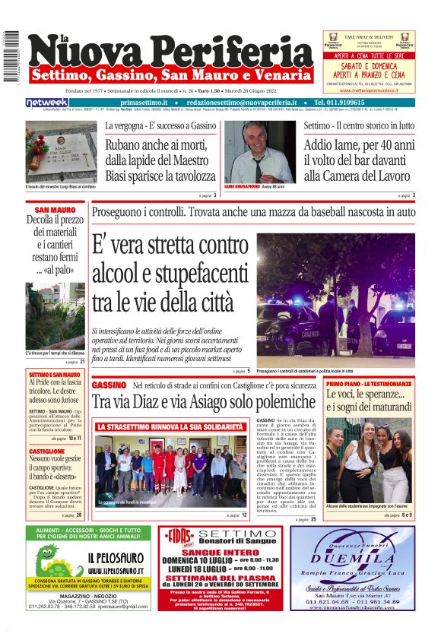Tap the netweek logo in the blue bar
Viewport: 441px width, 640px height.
[48, 103]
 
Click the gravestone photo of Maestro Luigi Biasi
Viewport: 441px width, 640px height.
[61, 151]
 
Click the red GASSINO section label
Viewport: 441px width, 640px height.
[109, 385]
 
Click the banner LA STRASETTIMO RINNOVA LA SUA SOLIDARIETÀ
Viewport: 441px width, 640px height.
[170, 427]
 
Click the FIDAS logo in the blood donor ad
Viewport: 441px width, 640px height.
[178, 537]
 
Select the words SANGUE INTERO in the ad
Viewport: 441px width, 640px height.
[214, 554]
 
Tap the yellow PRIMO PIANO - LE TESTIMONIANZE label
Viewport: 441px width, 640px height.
[369, 385]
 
